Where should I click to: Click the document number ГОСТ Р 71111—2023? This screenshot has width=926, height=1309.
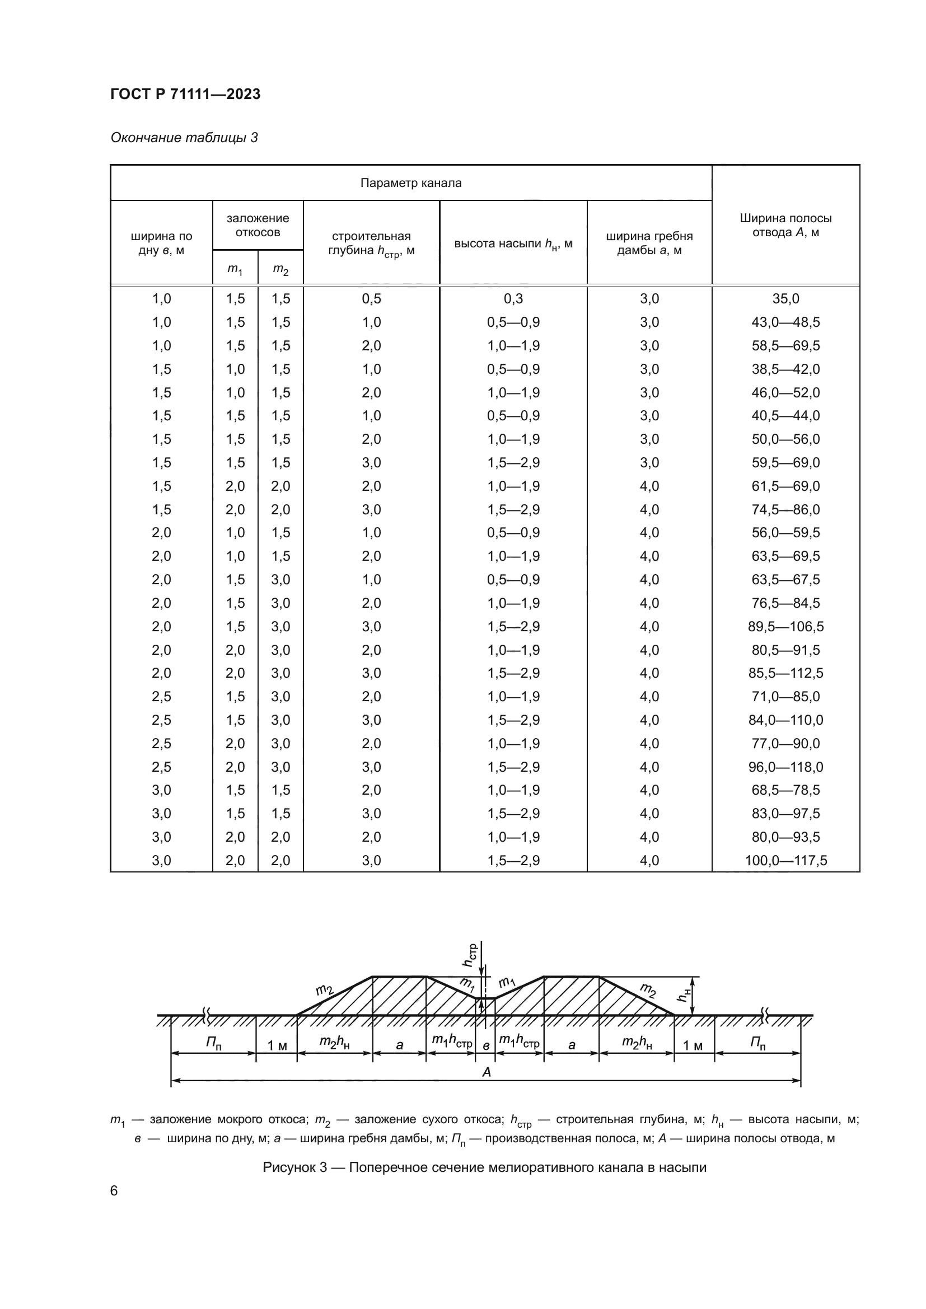[x=185, y=94]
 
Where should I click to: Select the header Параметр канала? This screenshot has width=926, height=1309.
[x=410, y=183]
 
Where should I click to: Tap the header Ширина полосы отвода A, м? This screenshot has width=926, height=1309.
[x=785, y=225]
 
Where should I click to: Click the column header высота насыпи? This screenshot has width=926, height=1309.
[x=513, y=244]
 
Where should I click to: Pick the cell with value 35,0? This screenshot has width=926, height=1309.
[x=785, y=299]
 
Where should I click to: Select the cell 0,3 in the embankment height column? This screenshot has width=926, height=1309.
[x=513, y=299]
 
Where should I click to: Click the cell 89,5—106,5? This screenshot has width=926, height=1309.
[x=785, y=627]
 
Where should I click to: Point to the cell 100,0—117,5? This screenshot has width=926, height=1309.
[x=785, y=860]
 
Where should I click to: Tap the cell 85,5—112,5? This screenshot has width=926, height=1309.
[x=785, y=673]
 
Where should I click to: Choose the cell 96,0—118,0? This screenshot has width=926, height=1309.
[x=785, y=767]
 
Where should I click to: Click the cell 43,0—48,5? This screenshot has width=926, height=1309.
[x=785, y=322]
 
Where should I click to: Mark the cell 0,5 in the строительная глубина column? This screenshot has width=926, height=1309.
[x=371, y=299]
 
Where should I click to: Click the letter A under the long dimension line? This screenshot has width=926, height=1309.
[x=487, y=1072]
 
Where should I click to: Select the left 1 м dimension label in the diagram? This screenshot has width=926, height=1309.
[x=277, y=1045]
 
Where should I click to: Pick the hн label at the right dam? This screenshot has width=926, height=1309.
[x=684, y=995]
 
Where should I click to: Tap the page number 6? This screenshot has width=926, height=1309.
[x=114, y=1191]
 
